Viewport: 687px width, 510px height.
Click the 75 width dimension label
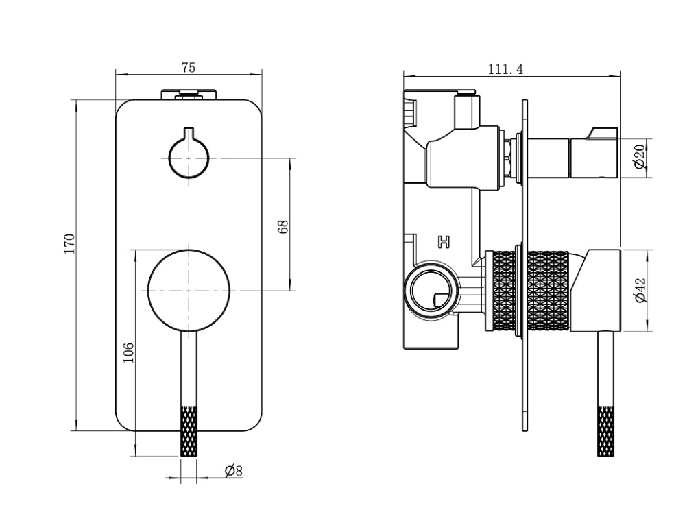click(x=189, y=67)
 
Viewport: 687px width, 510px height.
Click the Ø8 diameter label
click(x=234, y=470)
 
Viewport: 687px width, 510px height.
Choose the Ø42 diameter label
click(x=638, y=289)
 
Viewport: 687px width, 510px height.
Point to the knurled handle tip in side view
click(x=607, y=432)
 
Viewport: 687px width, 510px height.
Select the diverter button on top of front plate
click(x=189, y=94)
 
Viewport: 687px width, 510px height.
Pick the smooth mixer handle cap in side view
click(x=598, y=289)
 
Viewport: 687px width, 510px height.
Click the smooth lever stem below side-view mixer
click(x=606, y=370)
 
